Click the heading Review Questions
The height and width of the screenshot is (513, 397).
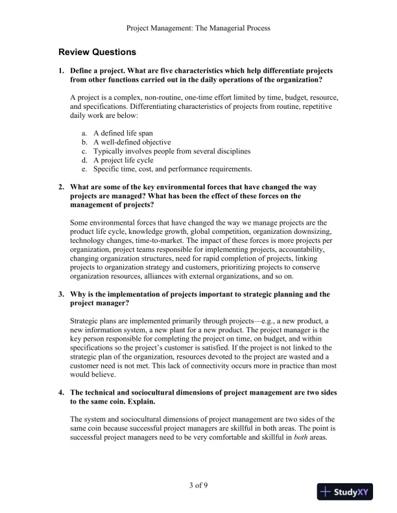(x=97, y=51)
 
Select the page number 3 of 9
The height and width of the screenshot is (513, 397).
(x=198, y=484)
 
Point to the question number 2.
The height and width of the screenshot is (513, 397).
(x=61, y=187)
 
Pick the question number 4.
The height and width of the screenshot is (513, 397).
(x=61, y=393)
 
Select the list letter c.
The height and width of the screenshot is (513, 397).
(x=84, y=151)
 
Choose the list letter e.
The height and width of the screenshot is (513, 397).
(x=84, y=169)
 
